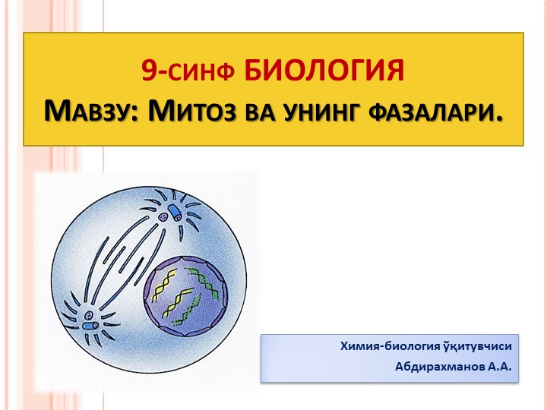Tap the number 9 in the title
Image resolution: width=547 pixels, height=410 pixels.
point(150,71)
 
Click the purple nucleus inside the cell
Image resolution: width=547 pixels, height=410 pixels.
point(187,289)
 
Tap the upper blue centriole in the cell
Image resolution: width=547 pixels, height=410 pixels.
point(168,215)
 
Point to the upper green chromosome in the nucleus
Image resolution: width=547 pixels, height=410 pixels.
point(207,273)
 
